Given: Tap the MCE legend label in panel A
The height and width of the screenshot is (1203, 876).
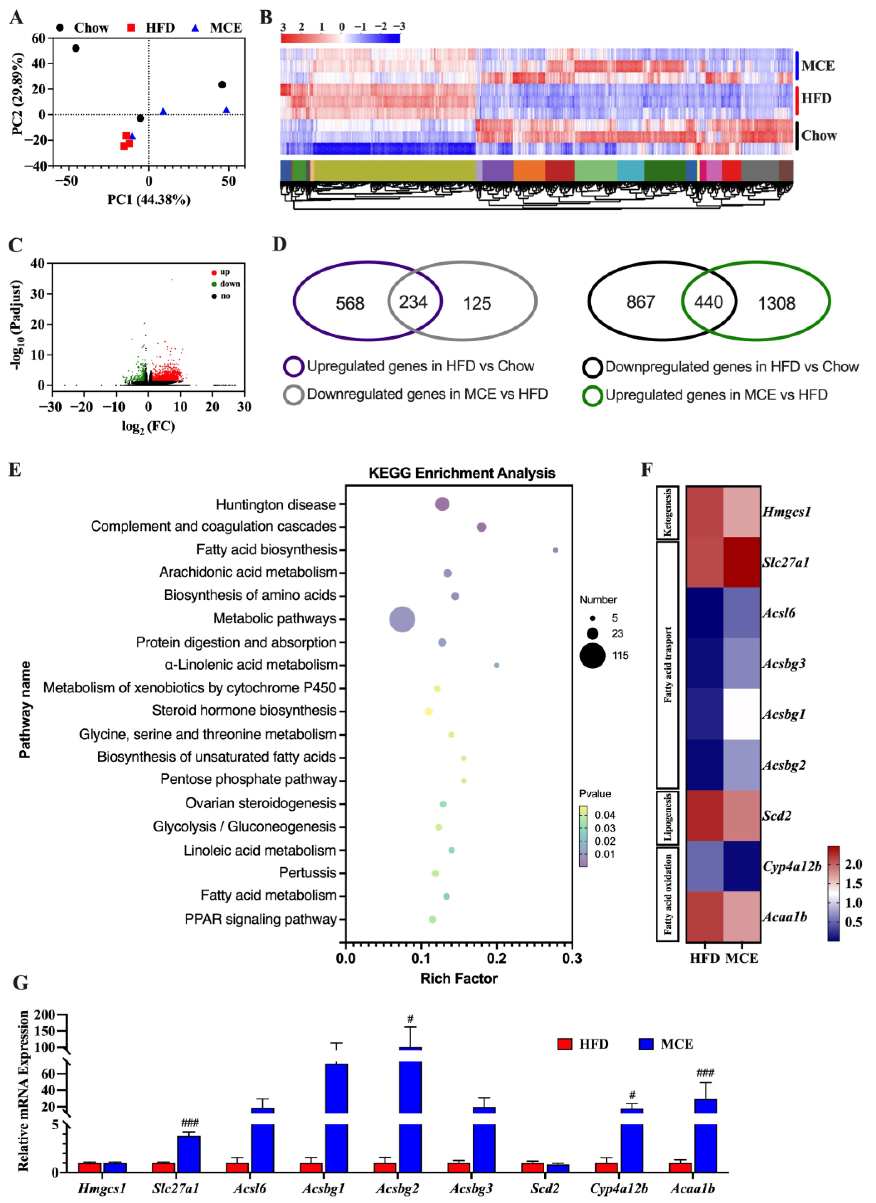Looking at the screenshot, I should [x=226, y=28].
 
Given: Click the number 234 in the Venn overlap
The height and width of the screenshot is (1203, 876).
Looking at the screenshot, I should [x=413, y=302].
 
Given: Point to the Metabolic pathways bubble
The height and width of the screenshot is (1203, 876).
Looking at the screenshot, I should [x=402, y=619].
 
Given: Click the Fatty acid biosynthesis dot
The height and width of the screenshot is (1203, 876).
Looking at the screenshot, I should [x=556, y=550].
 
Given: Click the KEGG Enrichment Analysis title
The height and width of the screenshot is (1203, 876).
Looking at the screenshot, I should [x=462, y=473].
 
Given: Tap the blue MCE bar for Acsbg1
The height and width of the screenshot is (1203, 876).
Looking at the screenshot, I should [x=336, y=1114].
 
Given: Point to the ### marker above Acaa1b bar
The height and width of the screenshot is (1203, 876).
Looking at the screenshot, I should [x=705, y=1074].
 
